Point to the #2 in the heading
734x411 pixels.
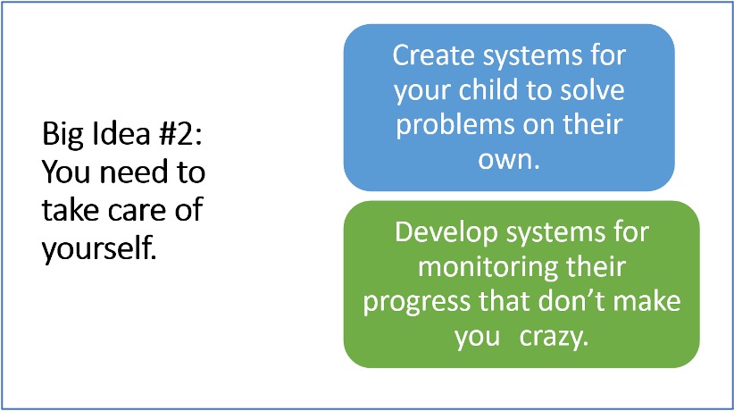180,133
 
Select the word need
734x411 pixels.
134,172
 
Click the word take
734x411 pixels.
71,209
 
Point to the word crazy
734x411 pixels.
553,338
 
